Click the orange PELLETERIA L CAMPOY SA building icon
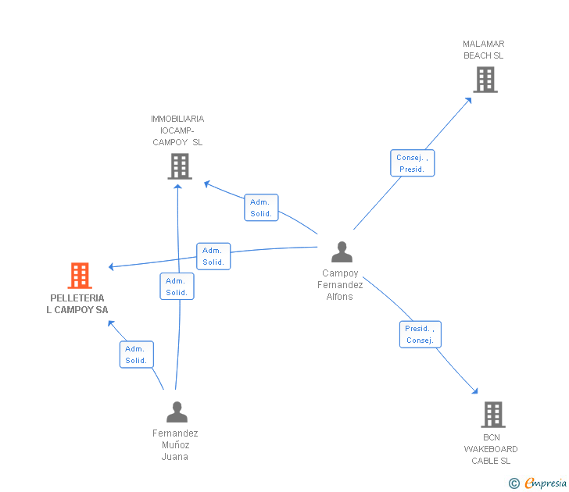[x=80, y=275]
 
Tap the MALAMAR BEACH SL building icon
[x=485, y=80]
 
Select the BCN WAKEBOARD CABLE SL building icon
[x=493, y=415]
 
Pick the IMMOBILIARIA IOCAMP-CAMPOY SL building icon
[x=180, y=166]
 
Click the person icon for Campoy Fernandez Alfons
[x=342, y=251]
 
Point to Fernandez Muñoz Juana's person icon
[x=177, y=412]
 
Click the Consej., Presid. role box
[x=412, y=163]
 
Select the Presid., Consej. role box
[x=420, y=334]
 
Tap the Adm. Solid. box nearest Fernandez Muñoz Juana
[x=137, y=355]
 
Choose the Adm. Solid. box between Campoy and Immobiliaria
[x=261, y=208]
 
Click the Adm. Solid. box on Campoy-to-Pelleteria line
[x=213, y=256]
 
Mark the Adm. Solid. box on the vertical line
[x=177, y=287]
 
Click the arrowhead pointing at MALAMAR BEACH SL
[x=468, y=101]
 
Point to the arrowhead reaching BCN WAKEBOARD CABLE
[x=474, y=390]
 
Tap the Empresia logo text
[x=546, y=483]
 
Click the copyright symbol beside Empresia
[x=514, y=483]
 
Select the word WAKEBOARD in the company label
[x=491, y=449]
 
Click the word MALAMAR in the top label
[x=483, y=44]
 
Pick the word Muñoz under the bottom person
[x=176, y=445]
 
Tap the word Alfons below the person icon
[x=340, y=297]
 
